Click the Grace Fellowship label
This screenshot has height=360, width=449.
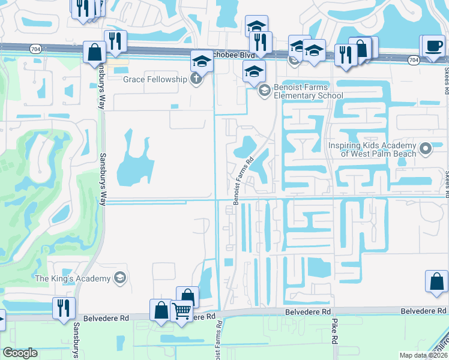[x=156, y=79]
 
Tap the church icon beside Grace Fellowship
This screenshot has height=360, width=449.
[x=196, y=79]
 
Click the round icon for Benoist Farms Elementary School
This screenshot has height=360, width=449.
[x=264, y=91]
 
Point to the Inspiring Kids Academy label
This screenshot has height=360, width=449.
[x=372, y=150]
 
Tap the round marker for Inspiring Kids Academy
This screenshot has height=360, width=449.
[x=426, y=148]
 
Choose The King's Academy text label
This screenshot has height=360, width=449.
[x=73, y=278]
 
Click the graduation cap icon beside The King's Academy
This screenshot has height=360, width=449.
[x=120, y=277]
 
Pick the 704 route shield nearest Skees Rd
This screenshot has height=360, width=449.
[x=413, y=60]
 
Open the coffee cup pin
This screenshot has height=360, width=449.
[x=433, y=46]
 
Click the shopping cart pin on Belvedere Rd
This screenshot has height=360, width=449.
[x=181, y=311]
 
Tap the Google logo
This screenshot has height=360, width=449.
[x=20, y=353]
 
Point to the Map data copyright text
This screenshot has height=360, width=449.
[x=424, y=355]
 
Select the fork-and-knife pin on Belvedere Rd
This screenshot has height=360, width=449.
[x=64, y=307]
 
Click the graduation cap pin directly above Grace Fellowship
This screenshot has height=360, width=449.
[x=202, y=61]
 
